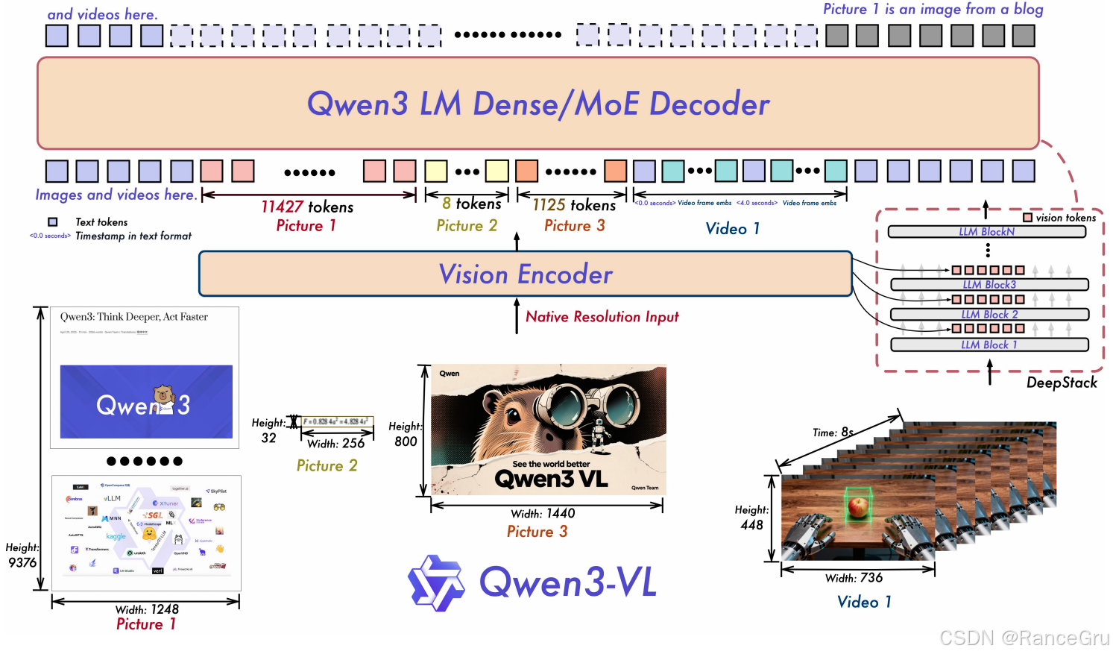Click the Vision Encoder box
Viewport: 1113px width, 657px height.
[x=525, y=274]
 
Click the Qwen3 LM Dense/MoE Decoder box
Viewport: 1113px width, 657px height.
[x=537, y=104]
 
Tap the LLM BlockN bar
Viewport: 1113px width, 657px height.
[x=986, y=232]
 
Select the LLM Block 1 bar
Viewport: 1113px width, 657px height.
[x=989, y=345]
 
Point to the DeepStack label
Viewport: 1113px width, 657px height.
[x=1062, y=383]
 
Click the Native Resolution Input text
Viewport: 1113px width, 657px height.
[x=602, y=317]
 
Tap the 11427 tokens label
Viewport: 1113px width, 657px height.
[x=307, y=207]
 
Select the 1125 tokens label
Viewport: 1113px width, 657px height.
[x=574, y=205]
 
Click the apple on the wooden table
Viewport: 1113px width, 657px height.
[x=858, y=508]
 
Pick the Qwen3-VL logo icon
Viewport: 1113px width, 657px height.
[x=436, y=583]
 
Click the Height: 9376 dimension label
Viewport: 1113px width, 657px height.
[x=22, y=556]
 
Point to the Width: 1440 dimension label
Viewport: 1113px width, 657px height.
[x=543, y=514]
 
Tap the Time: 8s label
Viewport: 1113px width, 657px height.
[x=833, y=433]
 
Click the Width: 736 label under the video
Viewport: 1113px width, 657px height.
[x=854, y=578]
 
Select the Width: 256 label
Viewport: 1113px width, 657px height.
[x=335, y=444]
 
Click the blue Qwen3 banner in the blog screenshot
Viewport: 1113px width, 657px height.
[x=146, y=402]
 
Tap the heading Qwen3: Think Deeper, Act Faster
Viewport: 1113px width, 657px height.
[x=134, y=317]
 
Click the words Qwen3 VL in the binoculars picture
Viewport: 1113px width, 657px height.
[x=551, y=479]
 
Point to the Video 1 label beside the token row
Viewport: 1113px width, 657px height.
[x=732, y=229]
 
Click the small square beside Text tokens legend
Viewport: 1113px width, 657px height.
[x=53, y=222]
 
